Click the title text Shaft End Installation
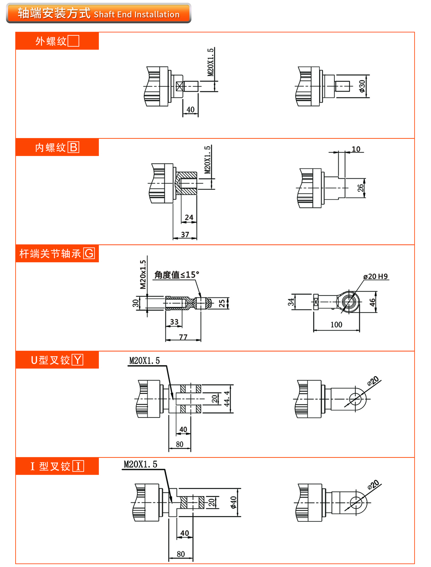coord(136,14)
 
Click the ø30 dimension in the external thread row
coord(362,86)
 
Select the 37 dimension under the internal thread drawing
coord(185,235)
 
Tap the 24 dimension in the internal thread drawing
coord(189,218)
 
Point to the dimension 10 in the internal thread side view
coord(356,149)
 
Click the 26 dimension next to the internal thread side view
coord(360,188)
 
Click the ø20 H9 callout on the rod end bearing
coord(375,276)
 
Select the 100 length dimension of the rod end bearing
coord(336,325)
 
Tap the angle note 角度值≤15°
coord(177,275)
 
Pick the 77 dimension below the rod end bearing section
coord(183,337)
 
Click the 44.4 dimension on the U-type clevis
coord(227,399)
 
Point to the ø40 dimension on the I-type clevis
coord(233,502)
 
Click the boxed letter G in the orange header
coord(89,253)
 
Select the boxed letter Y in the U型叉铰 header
coord(78,360)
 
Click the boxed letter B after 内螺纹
coord(73,147)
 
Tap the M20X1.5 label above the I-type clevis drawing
coord(140,464)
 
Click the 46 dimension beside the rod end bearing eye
coord(372,302)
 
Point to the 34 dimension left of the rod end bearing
coord(291,302)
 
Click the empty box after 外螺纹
coord(73,41)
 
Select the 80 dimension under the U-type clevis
coord(180,444)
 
